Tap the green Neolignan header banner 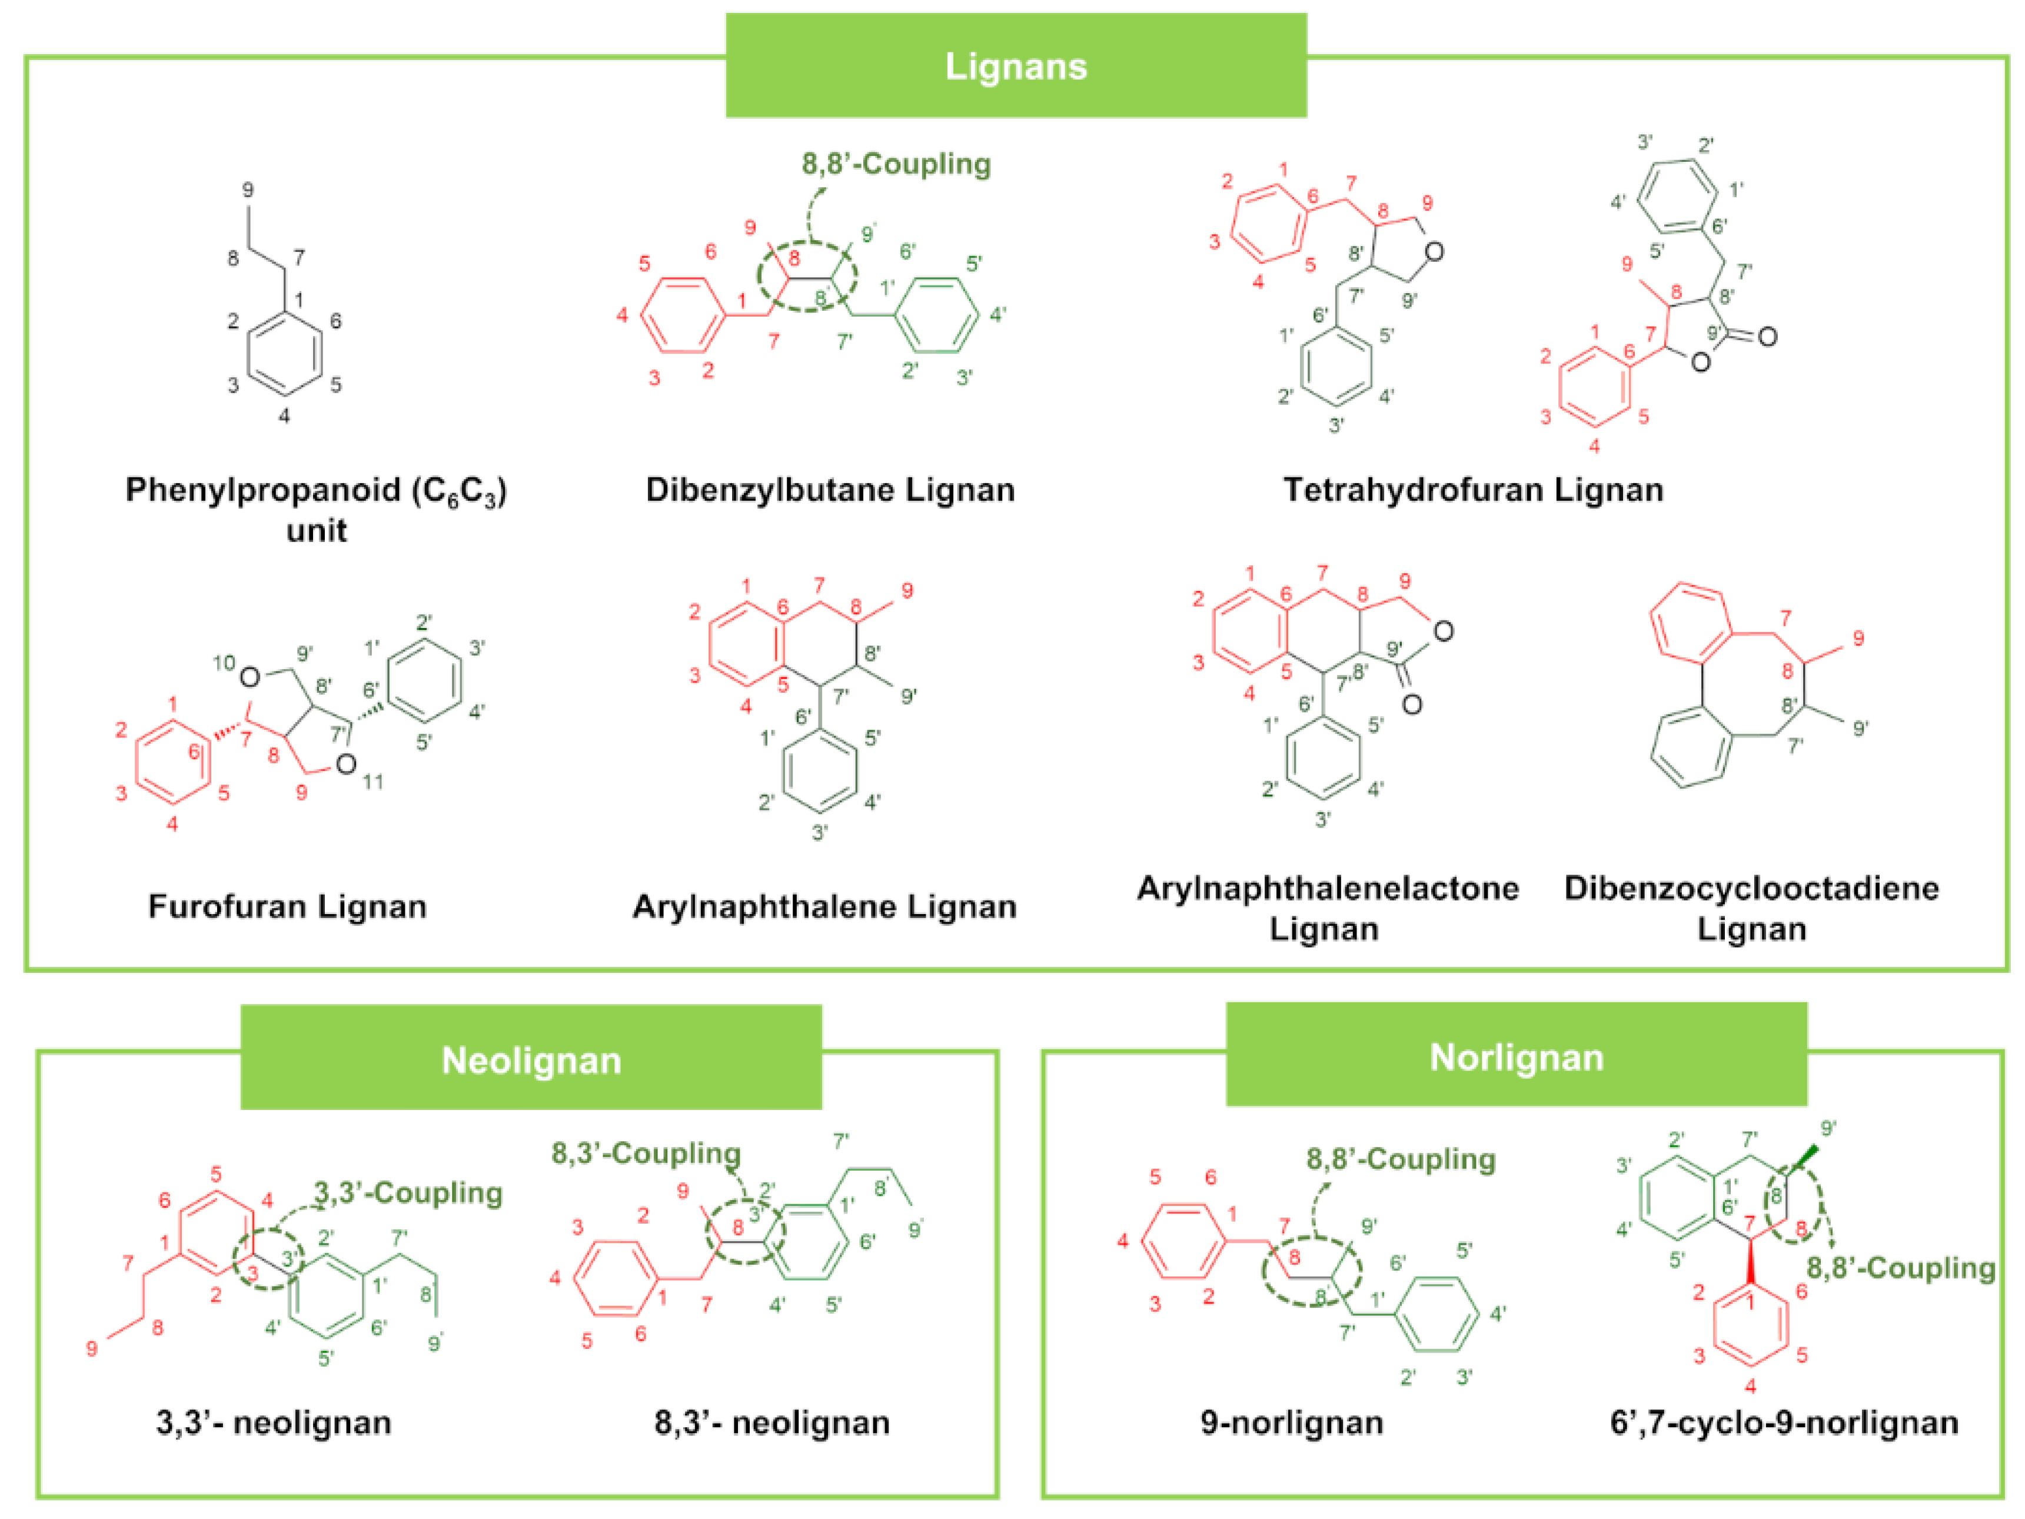pyautogui.click(x=531, y=1059)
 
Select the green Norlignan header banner pyautogui.click(x=1516, y=1056)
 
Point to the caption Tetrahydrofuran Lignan pyautogui.click(x=1473, y=490)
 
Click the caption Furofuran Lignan pyautogui.click(x=287, y=906)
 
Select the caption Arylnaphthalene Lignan pyautogui.click(x=824, y=906)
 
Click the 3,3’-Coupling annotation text pyautogui.click(x=408, y=1192)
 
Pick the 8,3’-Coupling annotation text pyautogui.click(x=646, y=1153)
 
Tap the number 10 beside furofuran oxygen pyautogui.click(x=224, y=662)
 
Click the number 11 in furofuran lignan pyautogui.click(x=372, y=781)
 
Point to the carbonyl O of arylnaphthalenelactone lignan pyautogui.click(x=1412, y=704)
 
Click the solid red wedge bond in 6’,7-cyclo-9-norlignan pyautogui.click(x=1750, y=1264)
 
